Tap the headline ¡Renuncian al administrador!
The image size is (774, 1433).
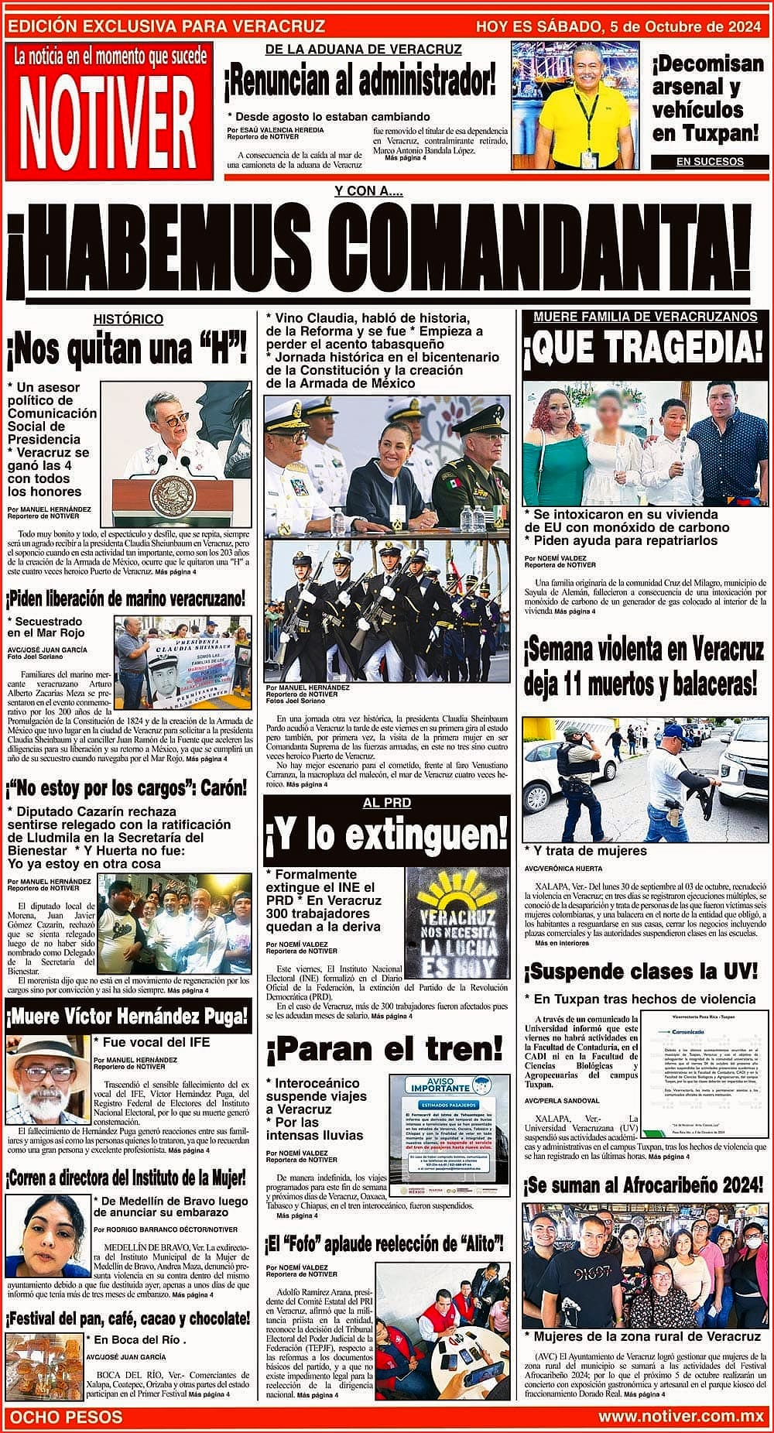coord(360,81)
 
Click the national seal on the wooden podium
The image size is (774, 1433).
coord(165,493)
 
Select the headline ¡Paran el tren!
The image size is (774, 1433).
coord(385,1050)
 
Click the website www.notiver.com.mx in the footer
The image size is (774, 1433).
coord(681,1417)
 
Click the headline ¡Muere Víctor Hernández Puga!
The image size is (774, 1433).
coord(128,1016)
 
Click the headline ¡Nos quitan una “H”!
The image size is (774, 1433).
coord(127,350)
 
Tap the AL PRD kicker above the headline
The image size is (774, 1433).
coord(386,803)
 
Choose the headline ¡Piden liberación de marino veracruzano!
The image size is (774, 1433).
coord(127,598)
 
